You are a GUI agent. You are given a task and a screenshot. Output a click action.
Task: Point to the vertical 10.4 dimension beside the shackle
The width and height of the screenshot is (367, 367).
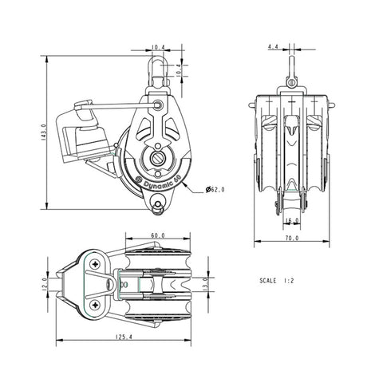tap(180, 70)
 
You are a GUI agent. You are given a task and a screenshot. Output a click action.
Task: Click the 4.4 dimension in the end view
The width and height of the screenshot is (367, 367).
tap(273, 48)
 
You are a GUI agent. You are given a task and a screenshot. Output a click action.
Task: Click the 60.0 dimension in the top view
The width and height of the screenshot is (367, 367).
tap(157, 235)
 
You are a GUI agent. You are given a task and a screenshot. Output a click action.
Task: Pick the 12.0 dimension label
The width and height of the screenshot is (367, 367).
tap(45, 285)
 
